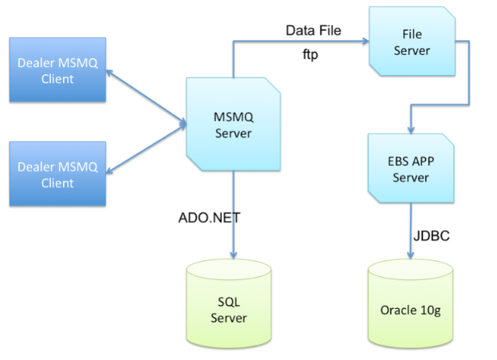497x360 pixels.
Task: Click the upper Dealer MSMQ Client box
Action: click(57, 69)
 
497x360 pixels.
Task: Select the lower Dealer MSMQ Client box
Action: click(57, 174)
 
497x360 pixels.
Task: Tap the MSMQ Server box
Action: click(233, 124)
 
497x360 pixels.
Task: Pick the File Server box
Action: click(412, 42)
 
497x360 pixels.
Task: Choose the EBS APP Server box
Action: click(411, 168)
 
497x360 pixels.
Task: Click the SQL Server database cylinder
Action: click(229, 303)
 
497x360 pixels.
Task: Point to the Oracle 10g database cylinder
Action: click(411, 303)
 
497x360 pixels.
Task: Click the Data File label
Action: click(314, 30)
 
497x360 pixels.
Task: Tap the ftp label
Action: click(310, 54)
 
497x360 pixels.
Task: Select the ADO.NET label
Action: click(209, 218)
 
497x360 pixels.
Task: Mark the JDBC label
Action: click(432, 236)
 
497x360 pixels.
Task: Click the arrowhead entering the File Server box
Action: click(366, 41)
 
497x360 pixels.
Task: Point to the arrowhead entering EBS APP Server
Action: click(411, 130)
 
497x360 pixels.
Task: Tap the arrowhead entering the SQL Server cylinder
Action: click(233, 255)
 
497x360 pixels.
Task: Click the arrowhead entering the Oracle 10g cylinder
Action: click(411, 255)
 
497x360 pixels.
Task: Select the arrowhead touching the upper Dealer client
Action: click(109, 73)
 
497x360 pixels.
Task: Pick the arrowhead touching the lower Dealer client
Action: click(109, 171)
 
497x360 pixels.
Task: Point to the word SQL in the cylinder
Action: click(228, 302)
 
